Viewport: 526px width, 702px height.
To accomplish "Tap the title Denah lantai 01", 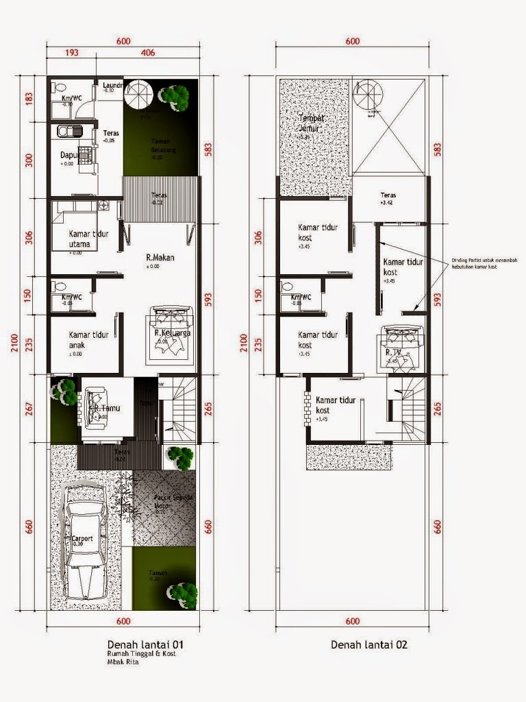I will click(145, 645).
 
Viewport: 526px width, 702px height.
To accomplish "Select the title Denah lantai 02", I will click(370, 645).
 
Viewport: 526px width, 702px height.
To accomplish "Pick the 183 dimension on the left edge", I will click(29, 98).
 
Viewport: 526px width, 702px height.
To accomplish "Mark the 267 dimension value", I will click(29, 409).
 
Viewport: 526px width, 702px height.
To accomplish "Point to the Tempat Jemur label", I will click(312, 123).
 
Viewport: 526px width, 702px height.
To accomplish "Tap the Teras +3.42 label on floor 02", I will click(388, 198).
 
